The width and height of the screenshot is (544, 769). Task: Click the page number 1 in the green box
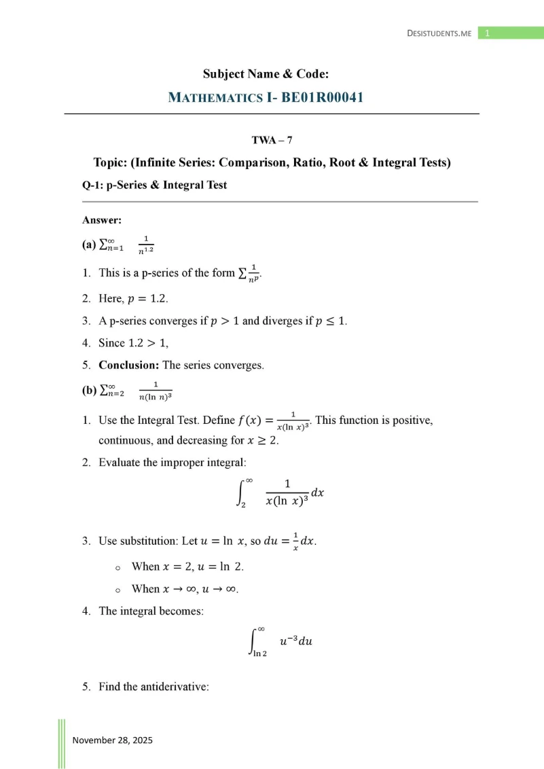point(487,33)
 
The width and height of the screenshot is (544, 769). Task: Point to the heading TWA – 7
point(272,141)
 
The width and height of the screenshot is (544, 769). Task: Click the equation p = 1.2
point(143,298)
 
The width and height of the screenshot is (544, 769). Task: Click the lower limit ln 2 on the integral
point(259,654)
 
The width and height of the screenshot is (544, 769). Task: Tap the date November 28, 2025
point(113,740)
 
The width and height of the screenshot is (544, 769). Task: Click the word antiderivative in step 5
point(175,687)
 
